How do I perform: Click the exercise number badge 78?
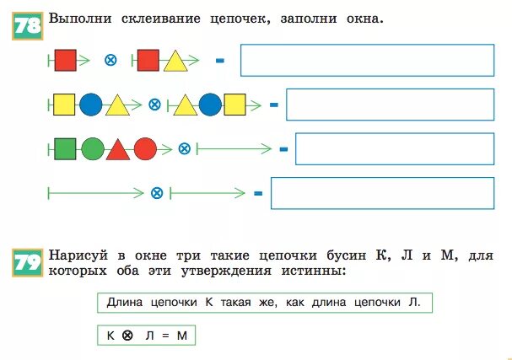click(x=27, y=25)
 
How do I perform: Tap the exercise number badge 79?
click(x=28, y=263)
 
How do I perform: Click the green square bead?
click(x=65, y=149)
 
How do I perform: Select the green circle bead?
click(x=92, y=149)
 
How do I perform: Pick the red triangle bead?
click(x=118, y=150)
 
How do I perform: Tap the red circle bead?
click(x=145, y=149)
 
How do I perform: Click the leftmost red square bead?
click(x=65, y=60)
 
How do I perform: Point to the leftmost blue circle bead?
click(x=91, y=105)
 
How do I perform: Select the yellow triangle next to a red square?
click(x=175, y=61)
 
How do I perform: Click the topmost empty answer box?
click(x=367, y=60)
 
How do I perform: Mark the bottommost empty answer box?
click(x=382, y=193)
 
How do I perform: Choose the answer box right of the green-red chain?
click(x=394, y=149)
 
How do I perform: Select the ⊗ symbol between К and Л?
click(x=127, y=336)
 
